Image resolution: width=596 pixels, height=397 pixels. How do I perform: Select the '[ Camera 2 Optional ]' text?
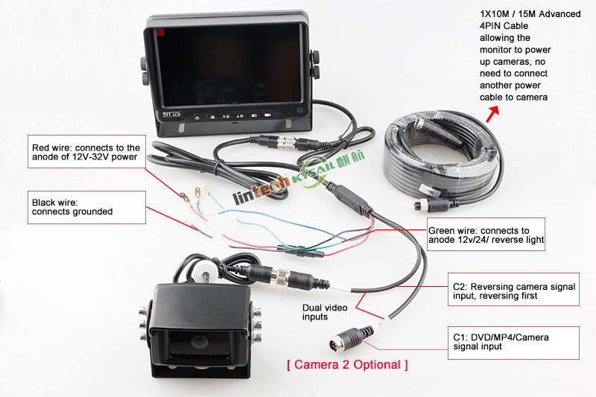(x=347, y=365)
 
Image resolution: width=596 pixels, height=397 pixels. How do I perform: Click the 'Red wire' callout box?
(x=85, y=153)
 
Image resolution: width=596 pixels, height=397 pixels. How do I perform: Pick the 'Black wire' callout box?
(x=85, y=207)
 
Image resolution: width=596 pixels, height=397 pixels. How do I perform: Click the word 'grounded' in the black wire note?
(x=90, y=212)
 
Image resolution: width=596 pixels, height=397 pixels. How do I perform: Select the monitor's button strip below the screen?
(x=231, y=116)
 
